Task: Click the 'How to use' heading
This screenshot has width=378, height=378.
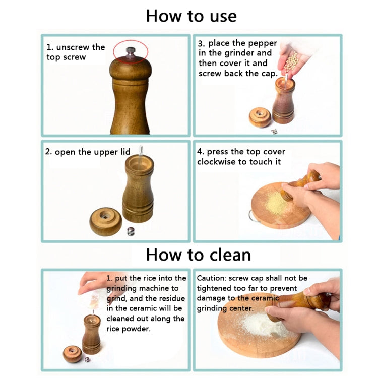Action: point(191,16)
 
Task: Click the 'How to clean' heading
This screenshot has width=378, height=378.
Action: point(198,254)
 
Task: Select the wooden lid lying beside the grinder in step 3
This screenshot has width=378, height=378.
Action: point(260,117)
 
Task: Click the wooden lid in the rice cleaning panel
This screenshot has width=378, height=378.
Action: point(72,353)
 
